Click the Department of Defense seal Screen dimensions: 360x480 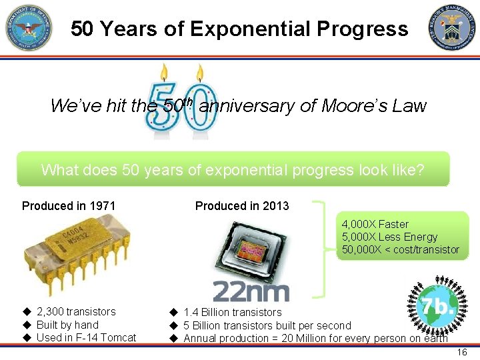[x=29, y=28]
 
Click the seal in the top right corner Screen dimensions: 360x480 [x=453, y=28]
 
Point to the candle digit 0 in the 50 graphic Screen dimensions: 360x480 [x=199, y=105]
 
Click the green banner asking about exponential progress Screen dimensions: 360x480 [x=233, y=169]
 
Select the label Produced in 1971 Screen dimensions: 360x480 [x=69, y=205]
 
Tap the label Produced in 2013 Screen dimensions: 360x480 [x=242, y=205]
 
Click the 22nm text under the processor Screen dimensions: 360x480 [x=251, y=291]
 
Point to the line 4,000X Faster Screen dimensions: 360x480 [x=375, y=224]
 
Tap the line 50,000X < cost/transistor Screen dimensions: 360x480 [x=400, y=249]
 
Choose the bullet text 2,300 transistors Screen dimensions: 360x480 [x=75, y=311]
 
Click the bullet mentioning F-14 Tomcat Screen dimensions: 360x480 [x=86, y=337]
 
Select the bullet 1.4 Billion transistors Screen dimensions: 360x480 [x=232, y=312]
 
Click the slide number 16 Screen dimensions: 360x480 [x=462, y=352]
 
